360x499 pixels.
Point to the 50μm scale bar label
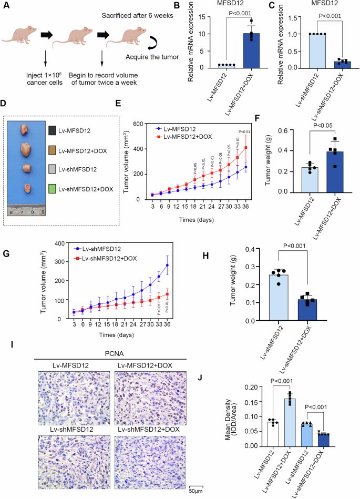tap(196, 491)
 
